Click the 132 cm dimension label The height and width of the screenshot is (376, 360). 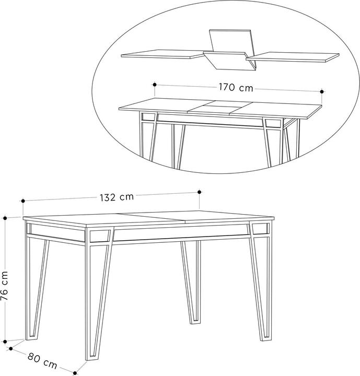pyautogui.click(x=117, y=197)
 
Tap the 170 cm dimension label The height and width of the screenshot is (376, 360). pyautogui.click(x=236, y=87)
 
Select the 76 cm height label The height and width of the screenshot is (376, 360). pyautogui.click(x=4, y=286)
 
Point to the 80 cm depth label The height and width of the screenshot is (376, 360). pyautogui.click(x=42, y=360)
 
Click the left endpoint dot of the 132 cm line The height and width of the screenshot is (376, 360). pyautogui.click(x=23, y=201)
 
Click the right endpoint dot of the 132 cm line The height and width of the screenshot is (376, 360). pyautogui.click(x=199, y=192)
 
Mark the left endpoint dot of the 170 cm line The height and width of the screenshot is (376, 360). pyautogui.click(x=155, y=85)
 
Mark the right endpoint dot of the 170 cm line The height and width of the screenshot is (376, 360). pyautogui.click(x=322, y=91)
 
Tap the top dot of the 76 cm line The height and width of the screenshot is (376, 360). pyautogui.click(x=5, y=218)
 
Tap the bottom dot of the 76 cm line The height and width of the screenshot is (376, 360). pyautogui.click(x=5, y=342)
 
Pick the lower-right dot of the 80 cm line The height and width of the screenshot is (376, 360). pyautogui.click(x=75, y=373)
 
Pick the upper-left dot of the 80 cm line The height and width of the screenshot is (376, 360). pyautogui.click(x=10, y=349)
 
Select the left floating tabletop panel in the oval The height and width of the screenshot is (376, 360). pyautogui.click(x=162, y=54)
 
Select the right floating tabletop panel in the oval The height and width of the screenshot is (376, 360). pyautogui.click(x=293, y=57)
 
